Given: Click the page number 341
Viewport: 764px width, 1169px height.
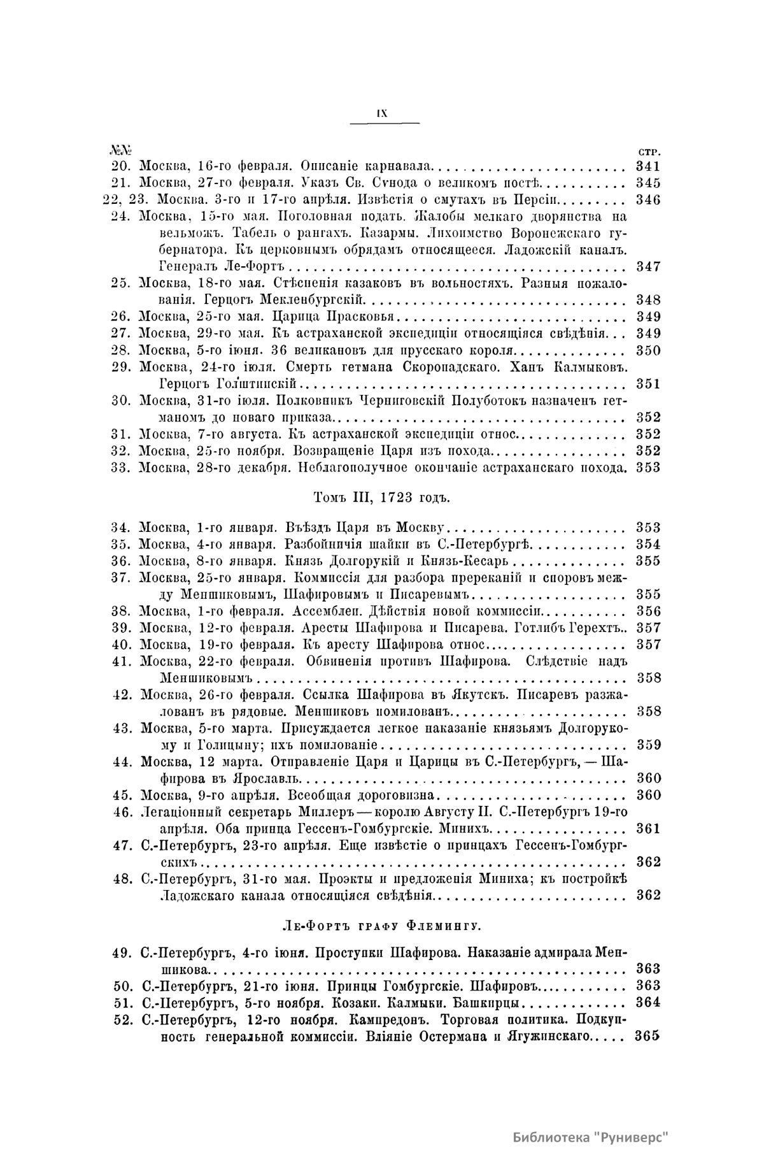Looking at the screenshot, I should (x=648, y=167).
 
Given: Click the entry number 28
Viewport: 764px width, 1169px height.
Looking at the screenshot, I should (x=120, y=350).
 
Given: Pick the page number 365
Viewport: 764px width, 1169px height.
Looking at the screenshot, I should (x=647, y=1036).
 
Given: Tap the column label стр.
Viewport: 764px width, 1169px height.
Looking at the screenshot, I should (x=648, y=152).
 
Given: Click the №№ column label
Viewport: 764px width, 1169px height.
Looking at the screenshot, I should (x=120, y=151).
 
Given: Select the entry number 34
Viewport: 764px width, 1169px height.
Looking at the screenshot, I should (x=120, y=527).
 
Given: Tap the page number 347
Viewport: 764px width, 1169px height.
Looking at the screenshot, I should (x=648, y=266).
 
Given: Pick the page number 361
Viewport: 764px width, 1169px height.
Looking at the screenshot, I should (x=648, y=828).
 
